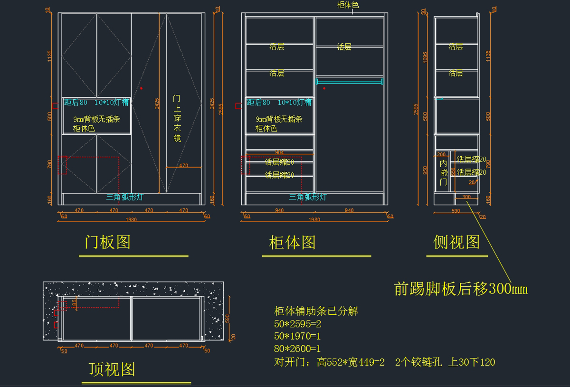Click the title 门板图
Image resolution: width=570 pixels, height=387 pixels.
click(x=107, y=242)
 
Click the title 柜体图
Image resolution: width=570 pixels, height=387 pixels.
click(x=292, y=243)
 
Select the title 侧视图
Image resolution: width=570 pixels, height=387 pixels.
click(x=456, y=242)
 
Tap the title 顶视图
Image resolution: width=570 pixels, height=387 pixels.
click(x=112, y=369)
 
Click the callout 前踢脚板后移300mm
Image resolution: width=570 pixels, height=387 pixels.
click(x=461, y=289)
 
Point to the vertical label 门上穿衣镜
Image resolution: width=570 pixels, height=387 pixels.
click(x=177, y=118)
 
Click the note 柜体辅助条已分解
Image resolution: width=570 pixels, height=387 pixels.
click(x=316, y=311)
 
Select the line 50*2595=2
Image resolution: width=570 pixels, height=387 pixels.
click(x=298, y=324)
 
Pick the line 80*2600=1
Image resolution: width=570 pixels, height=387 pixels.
click(x=298, y=349)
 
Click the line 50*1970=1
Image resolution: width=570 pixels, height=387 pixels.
click(x=298, y=337)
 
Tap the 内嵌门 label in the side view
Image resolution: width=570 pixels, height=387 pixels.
click(x=443, y=172)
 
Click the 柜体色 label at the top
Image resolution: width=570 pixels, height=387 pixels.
click(x=348, y=5)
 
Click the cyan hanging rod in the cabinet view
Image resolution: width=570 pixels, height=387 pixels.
click(x=350, y=82)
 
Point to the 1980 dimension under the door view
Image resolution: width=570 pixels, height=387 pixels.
click(x=131, y=220)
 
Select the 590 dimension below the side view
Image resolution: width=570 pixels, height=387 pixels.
click(x=456, y=210)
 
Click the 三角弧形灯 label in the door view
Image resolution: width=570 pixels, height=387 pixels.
click(x=125, y=197)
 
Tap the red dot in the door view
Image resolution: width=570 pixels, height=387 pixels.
click(x=141, y=88)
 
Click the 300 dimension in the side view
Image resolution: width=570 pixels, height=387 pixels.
click(x=466, y=197)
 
